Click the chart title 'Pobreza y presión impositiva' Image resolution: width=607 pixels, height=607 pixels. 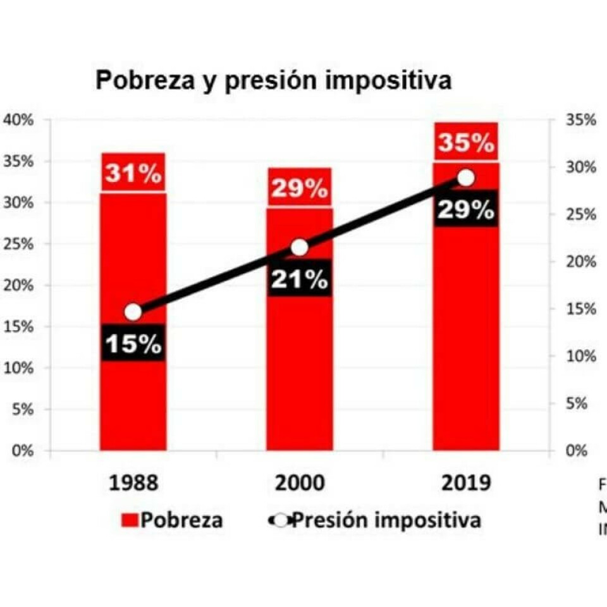273,81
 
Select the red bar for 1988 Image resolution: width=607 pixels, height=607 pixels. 133,398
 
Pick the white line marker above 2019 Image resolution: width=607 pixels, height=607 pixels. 466,178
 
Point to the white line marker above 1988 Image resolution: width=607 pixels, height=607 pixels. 133,312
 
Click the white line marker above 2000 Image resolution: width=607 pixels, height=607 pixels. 300,247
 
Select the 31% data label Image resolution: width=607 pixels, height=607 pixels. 133,174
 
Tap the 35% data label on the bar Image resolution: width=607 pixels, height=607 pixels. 466,144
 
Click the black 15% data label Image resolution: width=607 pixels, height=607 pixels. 133,345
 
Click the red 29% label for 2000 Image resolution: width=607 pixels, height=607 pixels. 299,188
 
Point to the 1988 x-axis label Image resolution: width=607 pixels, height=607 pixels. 133,484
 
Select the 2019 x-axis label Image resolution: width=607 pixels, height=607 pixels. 466,484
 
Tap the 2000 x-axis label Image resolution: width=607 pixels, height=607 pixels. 299,484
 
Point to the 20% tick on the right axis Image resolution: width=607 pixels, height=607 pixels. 579,262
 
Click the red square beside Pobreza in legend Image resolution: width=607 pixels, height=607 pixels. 130,521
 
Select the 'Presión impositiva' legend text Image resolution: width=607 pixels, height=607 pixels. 388,520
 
